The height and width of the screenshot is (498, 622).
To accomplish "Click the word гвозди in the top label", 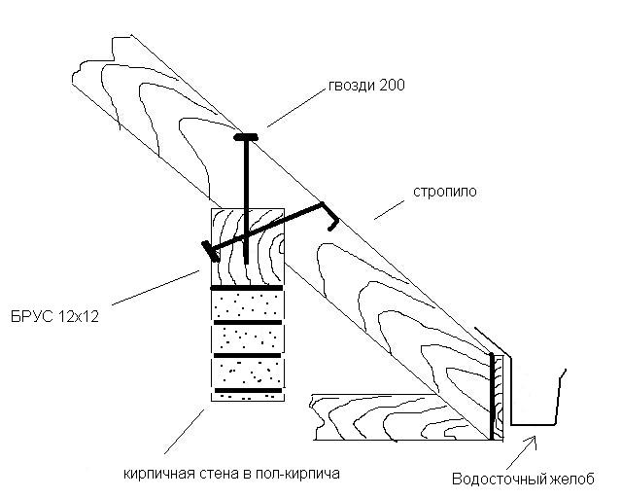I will click(346, 86).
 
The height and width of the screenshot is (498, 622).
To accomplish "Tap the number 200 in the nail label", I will click(390, 86).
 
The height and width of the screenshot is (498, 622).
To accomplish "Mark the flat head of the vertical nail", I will click(245, 137).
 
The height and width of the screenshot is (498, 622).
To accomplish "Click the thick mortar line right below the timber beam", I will click(247, 288).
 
